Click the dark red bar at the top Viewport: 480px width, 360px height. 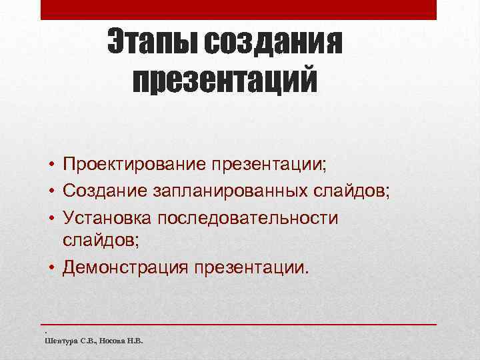pos(239,9)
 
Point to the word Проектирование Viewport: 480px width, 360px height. pos(133,163)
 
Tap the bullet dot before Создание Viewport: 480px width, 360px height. pos(51,192)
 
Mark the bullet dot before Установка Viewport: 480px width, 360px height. pos(51,219)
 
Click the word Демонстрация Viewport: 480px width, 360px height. pos(125,267)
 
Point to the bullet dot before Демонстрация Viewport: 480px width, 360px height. pos(51,269)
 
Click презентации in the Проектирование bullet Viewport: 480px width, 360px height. pos(276,163)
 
